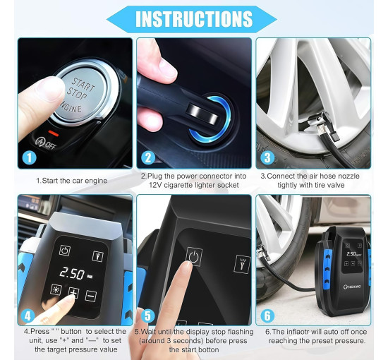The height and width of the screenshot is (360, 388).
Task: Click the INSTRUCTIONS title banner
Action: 192,19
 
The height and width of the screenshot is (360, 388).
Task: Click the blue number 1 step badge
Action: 29,157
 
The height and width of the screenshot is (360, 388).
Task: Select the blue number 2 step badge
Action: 148,157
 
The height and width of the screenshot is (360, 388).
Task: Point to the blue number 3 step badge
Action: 267,157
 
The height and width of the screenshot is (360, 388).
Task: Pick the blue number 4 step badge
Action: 28,316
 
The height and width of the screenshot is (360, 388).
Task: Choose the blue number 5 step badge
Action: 147,316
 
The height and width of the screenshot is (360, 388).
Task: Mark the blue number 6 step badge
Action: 267,316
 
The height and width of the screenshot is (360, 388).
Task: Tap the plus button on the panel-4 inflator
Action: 74,293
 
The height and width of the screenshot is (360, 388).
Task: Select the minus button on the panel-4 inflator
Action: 91,296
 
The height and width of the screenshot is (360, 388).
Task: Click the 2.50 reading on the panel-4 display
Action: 72,273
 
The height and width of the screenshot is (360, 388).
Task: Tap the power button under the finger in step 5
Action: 194,256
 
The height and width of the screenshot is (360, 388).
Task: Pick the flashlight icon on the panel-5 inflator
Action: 242,264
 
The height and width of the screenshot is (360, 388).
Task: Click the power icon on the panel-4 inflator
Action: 65,251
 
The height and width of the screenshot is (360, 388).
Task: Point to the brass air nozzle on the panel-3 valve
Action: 321,128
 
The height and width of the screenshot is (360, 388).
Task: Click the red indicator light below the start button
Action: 54,133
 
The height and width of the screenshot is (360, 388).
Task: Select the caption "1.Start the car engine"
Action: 72,181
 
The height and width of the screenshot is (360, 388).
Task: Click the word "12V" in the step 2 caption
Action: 155,185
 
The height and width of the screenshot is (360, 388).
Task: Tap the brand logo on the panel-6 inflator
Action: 352,287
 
